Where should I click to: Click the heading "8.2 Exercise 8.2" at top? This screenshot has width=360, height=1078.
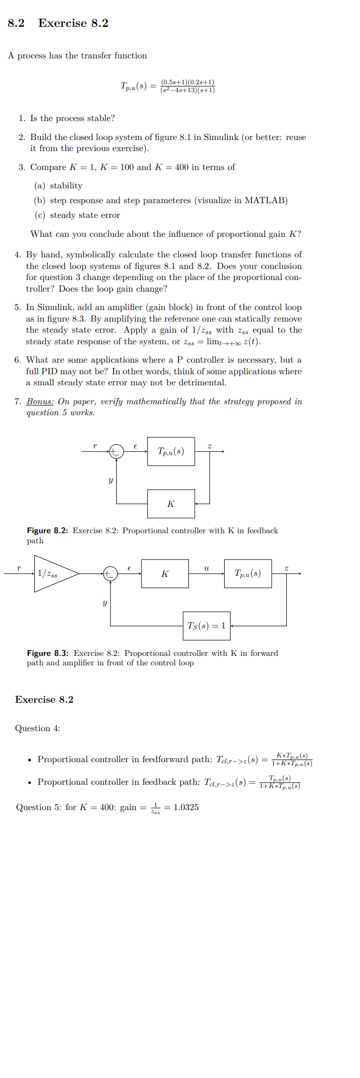[x=58, y=23]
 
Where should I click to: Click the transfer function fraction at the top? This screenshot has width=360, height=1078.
[x=187, y=86]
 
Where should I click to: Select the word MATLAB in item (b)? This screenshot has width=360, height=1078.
[x=266, y=201]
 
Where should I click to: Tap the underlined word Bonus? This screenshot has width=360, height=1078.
[x=40, y=402]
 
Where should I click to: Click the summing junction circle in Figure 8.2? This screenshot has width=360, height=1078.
[x=116, y=451]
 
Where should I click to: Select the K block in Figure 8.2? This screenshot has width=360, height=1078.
[x=171, y=504]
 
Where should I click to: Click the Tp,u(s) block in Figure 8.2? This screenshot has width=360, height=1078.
[x=171, y=451]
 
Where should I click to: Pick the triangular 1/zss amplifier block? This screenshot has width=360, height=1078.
[x=53, y=574]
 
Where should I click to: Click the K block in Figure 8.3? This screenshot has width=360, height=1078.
[x=165, y=574]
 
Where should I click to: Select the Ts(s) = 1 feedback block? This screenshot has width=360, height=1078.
[x=206, y=626]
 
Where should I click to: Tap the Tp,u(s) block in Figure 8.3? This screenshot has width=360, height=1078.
[x=248, y=574]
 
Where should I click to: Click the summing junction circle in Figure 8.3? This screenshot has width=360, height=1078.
[x=110, y=574]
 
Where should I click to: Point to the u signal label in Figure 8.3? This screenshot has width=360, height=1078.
[x=206, y=568]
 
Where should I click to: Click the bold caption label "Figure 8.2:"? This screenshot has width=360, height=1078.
[x=47, y=531]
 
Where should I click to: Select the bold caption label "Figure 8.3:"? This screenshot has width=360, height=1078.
[x=48, y=653]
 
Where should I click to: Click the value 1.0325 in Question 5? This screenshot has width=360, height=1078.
[x=186, y=807]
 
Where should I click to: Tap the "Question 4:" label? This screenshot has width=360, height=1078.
[x=37, y=728]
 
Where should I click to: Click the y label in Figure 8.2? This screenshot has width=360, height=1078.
[x=111, y=480]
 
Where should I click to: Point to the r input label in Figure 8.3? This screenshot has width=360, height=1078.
[x=19, y=568]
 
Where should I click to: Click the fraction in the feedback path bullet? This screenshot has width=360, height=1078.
[x=280, y=782]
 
